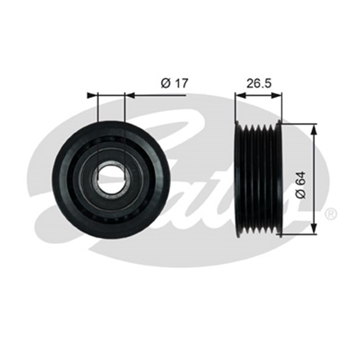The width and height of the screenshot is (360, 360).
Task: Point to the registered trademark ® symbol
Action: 331,214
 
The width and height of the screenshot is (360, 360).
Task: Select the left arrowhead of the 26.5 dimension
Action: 238,95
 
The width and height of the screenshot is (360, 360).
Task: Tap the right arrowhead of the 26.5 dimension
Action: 278,95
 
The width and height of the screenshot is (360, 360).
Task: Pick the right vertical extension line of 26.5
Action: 281,107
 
